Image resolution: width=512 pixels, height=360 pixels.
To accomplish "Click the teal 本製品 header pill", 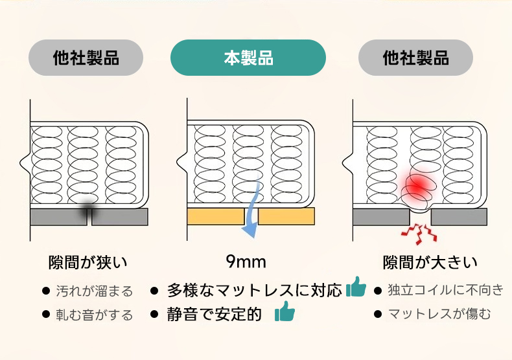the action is pyautogui.click(x=248, y=58).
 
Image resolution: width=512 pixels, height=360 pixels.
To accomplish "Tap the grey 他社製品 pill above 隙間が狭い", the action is pyautogui.click(x=86, y=58).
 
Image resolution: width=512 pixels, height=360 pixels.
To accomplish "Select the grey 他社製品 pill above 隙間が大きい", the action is pyautogui.click(x=415, y=58).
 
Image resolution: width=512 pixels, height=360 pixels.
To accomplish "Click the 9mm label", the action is pyautogui.click(x=246, y=262).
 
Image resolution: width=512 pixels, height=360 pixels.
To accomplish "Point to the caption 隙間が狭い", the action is pyautogui.click(x=87, y=262).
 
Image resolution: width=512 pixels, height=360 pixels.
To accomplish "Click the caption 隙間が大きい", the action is pyautogui.click(x=430, y=262).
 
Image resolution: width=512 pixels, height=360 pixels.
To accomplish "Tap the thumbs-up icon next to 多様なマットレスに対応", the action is pyautogui.click(x=356, y=287).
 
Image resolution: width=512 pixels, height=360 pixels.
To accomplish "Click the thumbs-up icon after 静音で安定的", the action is pyautogui.click(x=285, y=311).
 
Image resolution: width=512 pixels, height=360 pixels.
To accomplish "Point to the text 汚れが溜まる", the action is pyautogui.click(x=95, y=291).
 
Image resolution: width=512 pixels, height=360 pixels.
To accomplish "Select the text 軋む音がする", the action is pyautogui.click(x=95, y=315).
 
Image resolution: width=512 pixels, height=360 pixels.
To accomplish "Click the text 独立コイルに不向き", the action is pyautogui.click(x=446, y=289).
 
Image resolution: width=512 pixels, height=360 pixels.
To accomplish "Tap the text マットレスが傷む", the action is pyautogui.click(x=439, y=314).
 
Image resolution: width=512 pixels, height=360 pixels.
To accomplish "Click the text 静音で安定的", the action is pyautogui.click(x=215, y=314).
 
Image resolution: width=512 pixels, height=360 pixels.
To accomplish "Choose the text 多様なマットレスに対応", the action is pyautogui.click(x=254, y=290).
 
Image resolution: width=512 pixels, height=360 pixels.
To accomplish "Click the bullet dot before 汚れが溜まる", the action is pyautogui.click(x=46, y=291).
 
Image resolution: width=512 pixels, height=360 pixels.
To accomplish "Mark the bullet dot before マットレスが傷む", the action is pyautogui.click(x=378, y=314).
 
